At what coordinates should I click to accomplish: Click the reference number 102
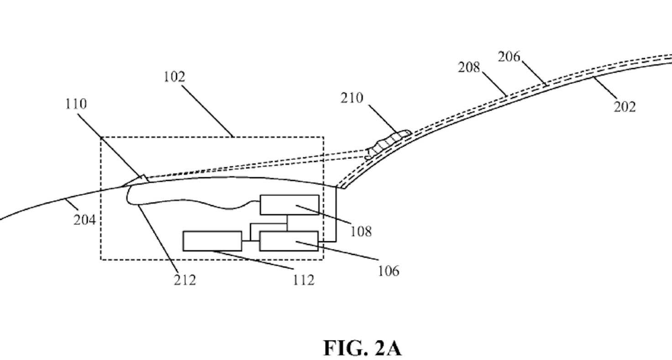(174, 77)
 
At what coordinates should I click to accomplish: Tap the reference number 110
(75, 104)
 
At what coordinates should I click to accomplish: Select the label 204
(85, 220)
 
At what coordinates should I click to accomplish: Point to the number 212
(185, 280)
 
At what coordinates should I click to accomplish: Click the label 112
(304, 280)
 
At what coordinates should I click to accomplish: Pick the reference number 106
(388, 270)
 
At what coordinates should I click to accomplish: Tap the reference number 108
(361, 231)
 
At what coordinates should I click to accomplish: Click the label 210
(352, 98)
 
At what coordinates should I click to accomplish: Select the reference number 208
(469, 68)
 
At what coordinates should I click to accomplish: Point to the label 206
(509, 57)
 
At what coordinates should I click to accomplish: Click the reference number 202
(625, 106)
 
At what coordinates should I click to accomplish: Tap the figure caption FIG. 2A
(363, 348)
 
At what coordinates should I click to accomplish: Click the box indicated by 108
(289, 205)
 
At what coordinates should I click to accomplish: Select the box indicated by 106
(289, 241)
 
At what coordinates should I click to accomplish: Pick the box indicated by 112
(212, 241)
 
